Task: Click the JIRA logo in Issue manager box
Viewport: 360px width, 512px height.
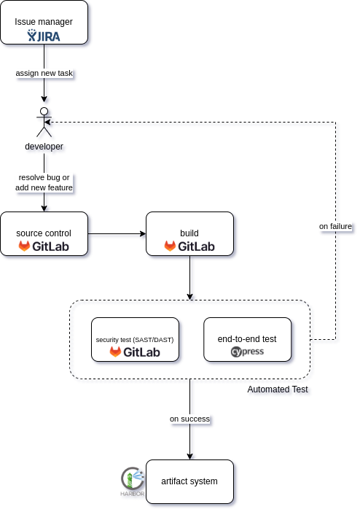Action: (x=44, y=36)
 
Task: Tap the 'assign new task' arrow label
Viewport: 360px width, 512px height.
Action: (x=44, y=73)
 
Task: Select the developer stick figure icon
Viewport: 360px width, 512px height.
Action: (x=44, y=122)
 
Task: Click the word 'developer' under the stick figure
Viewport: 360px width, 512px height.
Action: (x=44, y=147)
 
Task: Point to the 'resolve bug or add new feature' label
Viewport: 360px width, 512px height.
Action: (x=44, y=182)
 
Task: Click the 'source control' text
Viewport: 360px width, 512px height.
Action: (x=44, y=233)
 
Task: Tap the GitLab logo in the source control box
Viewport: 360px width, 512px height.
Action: (x=44, y=247)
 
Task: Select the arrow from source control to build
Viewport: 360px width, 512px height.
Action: (x=117, y=234)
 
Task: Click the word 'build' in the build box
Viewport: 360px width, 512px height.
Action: (x=189, y=233)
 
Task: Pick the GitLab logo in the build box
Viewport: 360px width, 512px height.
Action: (x=189, y=247)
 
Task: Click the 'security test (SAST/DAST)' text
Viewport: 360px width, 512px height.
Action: (x=135, y=340)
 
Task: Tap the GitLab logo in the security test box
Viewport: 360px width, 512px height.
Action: (x=135, y=352)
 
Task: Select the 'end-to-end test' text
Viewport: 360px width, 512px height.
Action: (x=247, y=339)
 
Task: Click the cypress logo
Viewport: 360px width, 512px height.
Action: (x=247, y=352)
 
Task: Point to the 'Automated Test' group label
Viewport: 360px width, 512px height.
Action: (x=278, y=389)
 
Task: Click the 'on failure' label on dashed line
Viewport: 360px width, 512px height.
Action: (x=335, y=226)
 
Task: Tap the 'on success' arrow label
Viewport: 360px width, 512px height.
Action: (x=189, y=419)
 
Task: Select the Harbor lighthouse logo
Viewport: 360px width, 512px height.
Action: (x=133, y=481)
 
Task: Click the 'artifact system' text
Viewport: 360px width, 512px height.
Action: (x=189, y=481)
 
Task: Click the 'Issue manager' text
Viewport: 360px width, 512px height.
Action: (x=44, y=22)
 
